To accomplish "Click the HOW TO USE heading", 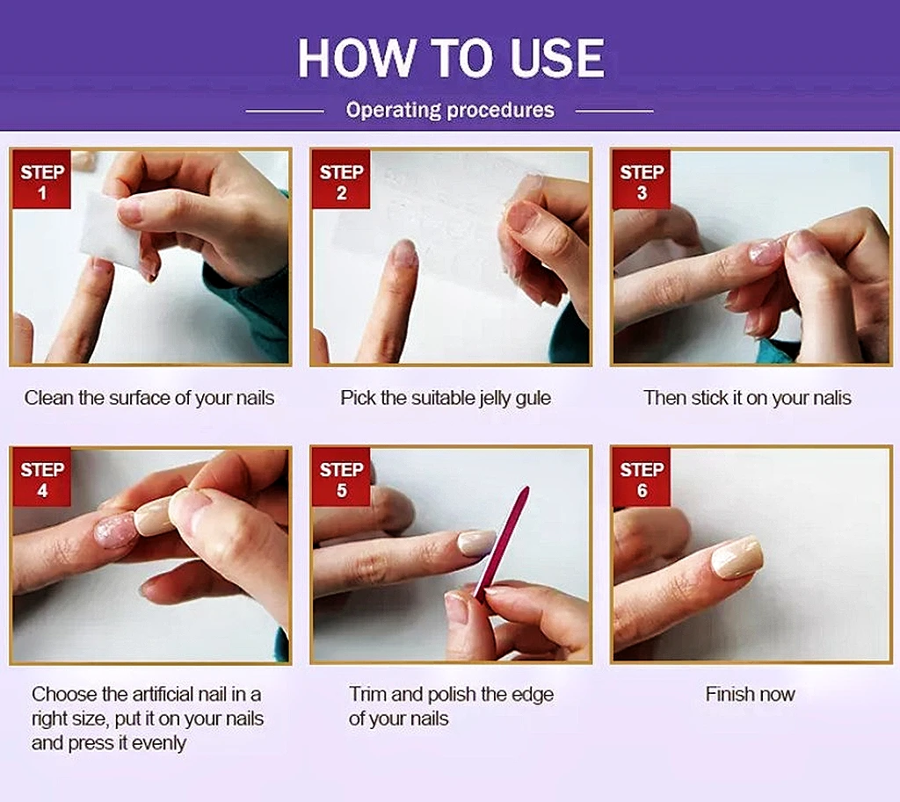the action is click(x=451, y=58).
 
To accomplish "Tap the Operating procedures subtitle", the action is click(x=450, y=110).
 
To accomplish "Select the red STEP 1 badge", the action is click(x=41, y=179).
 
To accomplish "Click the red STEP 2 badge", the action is click(x=341, y=179).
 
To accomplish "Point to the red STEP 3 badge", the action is click(x=642, y=179).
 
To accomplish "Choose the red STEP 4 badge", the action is click(x=41, y=477).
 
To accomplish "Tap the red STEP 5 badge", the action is click(x=341, y=477).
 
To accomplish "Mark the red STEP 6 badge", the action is click(x=642, y=477).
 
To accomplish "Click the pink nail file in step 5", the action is click(x=501, y=542).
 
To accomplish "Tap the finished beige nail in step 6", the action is click(x=737, y=557).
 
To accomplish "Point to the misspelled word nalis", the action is click(x=828, y=398).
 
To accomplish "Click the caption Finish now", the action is click(x=751, y=694).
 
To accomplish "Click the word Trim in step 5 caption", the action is click(x=368, y=694).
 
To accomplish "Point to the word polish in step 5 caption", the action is click(x=452, y=695).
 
